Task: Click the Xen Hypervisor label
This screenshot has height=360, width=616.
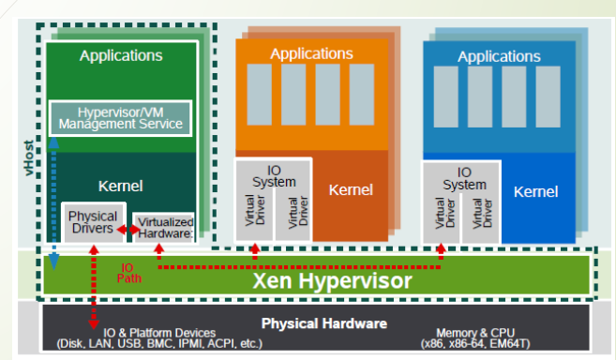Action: (x=332, y=280)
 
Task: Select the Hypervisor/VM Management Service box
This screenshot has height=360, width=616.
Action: (x=121, y=118)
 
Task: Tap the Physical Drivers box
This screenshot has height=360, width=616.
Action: (x=94, y=222)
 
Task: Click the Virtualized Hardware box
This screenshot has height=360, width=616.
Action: (x=163, y=228)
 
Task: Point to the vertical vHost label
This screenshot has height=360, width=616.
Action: (x=29, y=157)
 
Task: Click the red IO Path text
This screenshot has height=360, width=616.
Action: (x=128, y=273)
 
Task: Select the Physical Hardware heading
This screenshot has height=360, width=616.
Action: (x=324, y=323)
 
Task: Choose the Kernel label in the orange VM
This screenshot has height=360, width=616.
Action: (x=351, y=190)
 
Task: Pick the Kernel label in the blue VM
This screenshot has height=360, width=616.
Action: (x=536, y=192)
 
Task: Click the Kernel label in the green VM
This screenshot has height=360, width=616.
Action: (x=121, y=186)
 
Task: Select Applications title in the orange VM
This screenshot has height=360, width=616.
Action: (x=311, y=53)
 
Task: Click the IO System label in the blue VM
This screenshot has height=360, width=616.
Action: (x=464, y=178)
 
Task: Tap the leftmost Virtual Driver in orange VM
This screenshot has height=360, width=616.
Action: (x=255, y=210)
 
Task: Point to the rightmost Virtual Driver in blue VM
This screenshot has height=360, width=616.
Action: (x=482, y=213)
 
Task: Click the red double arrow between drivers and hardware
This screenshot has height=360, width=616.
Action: (x=128, y=229)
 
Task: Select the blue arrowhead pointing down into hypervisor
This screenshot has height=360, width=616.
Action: (x=53, y=262)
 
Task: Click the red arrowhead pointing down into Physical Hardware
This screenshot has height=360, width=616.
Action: (x=94, y=324)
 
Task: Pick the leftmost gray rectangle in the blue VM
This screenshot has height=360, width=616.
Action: (x=445, y=97)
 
